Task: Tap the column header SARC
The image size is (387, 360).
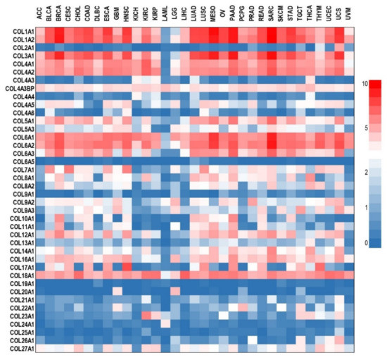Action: pos(271,15)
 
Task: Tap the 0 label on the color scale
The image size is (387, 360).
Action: pos(374,242)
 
